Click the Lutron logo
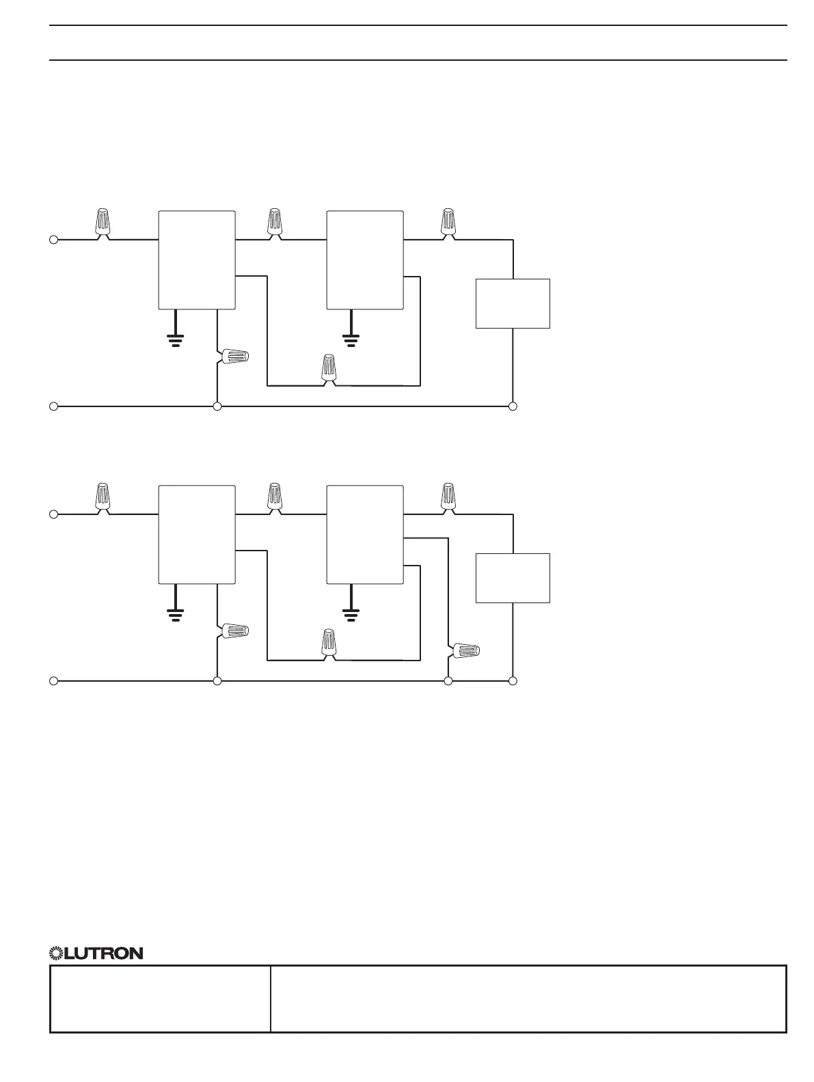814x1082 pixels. coord(96,953)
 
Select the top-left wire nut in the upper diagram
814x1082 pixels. coord(103,223)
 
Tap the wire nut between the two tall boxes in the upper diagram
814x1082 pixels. coord(275,223)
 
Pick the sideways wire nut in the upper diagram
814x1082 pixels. coord(234,357)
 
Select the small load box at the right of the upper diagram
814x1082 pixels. coord(513,303)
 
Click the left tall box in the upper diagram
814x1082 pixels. coord(197,260)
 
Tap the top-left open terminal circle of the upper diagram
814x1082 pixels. coord(53,240)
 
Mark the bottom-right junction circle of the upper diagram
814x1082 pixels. coord(513,406)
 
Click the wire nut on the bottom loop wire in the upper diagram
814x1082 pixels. coord(329,368)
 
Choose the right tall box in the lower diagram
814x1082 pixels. coord(365,535)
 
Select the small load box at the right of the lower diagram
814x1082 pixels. coord(513,578)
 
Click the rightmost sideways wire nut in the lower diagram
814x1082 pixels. coord(465,650)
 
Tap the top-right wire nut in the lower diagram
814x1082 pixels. coord(448,497)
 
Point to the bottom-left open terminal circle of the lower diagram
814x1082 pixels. coord(53,681)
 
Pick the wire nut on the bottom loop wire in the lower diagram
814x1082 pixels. coord(329,643)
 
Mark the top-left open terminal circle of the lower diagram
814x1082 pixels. coord(53,514)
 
